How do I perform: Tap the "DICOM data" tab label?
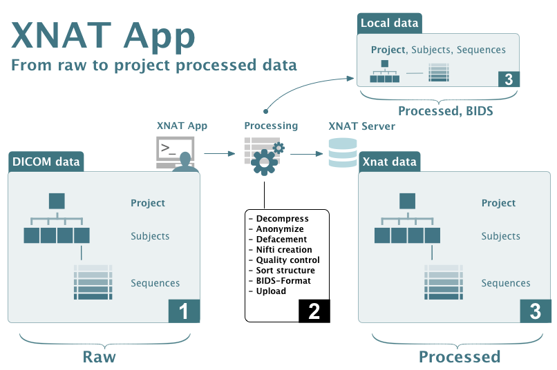click(x=46, y=163)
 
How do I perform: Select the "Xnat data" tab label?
click(x=389, y=163)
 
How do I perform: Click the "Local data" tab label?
click(x=389, y=23)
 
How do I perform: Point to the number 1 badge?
click(x=184, y=311)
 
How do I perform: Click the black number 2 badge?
click(x=314, y=311)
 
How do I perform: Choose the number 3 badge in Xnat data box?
click(x=535, y=311)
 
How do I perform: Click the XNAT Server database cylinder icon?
click(x=343, y=153)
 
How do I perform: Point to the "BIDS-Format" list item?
click(x=279, y=281)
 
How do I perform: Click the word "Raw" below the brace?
click(x=99, y=357)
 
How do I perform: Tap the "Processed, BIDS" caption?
click(x=446, y=110)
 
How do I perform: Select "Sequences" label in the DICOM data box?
click(x=155, y=283)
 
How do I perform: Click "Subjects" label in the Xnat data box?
click(x=500, y=236)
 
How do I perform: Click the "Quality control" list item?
click(x=283, y=260)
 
